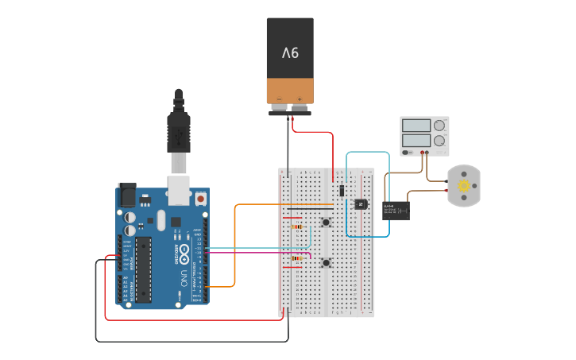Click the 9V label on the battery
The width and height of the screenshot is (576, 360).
point(290,53)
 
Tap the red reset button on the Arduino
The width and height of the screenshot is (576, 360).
point(201,198)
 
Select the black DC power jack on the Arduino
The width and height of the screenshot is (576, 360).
point(126,195)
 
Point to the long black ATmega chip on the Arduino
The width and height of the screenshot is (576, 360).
point(143,269)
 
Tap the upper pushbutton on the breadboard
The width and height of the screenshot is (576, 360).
point(326,222)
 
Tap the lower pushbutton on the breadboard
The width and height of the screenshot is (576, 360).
point(326,262)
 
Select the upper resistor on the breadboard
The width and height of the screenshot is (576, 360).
point(297,226)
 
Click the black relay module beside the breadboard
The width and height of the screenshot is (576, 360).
point(396,210)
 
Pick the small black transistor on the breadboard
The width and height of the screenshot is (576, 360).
point(360,204)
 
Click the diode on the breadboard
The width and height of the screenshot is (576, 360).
point(342,191)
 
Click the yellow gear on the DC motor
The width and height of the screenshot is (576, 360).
point(464,186)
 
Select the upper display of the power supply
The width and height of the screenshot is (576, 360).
point(416,126)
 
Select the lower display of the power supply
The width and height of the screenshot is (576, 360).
point(416,140)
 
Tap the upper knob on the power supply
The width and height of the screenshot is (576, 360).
point(439,126)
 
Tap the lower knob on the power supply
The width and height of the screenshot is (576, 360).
point(439,140)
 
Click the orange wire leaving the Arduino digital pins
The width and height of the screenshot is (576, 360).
point(234,246)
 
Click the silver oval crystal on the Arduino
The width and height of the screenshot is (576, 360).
point(161,220)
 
